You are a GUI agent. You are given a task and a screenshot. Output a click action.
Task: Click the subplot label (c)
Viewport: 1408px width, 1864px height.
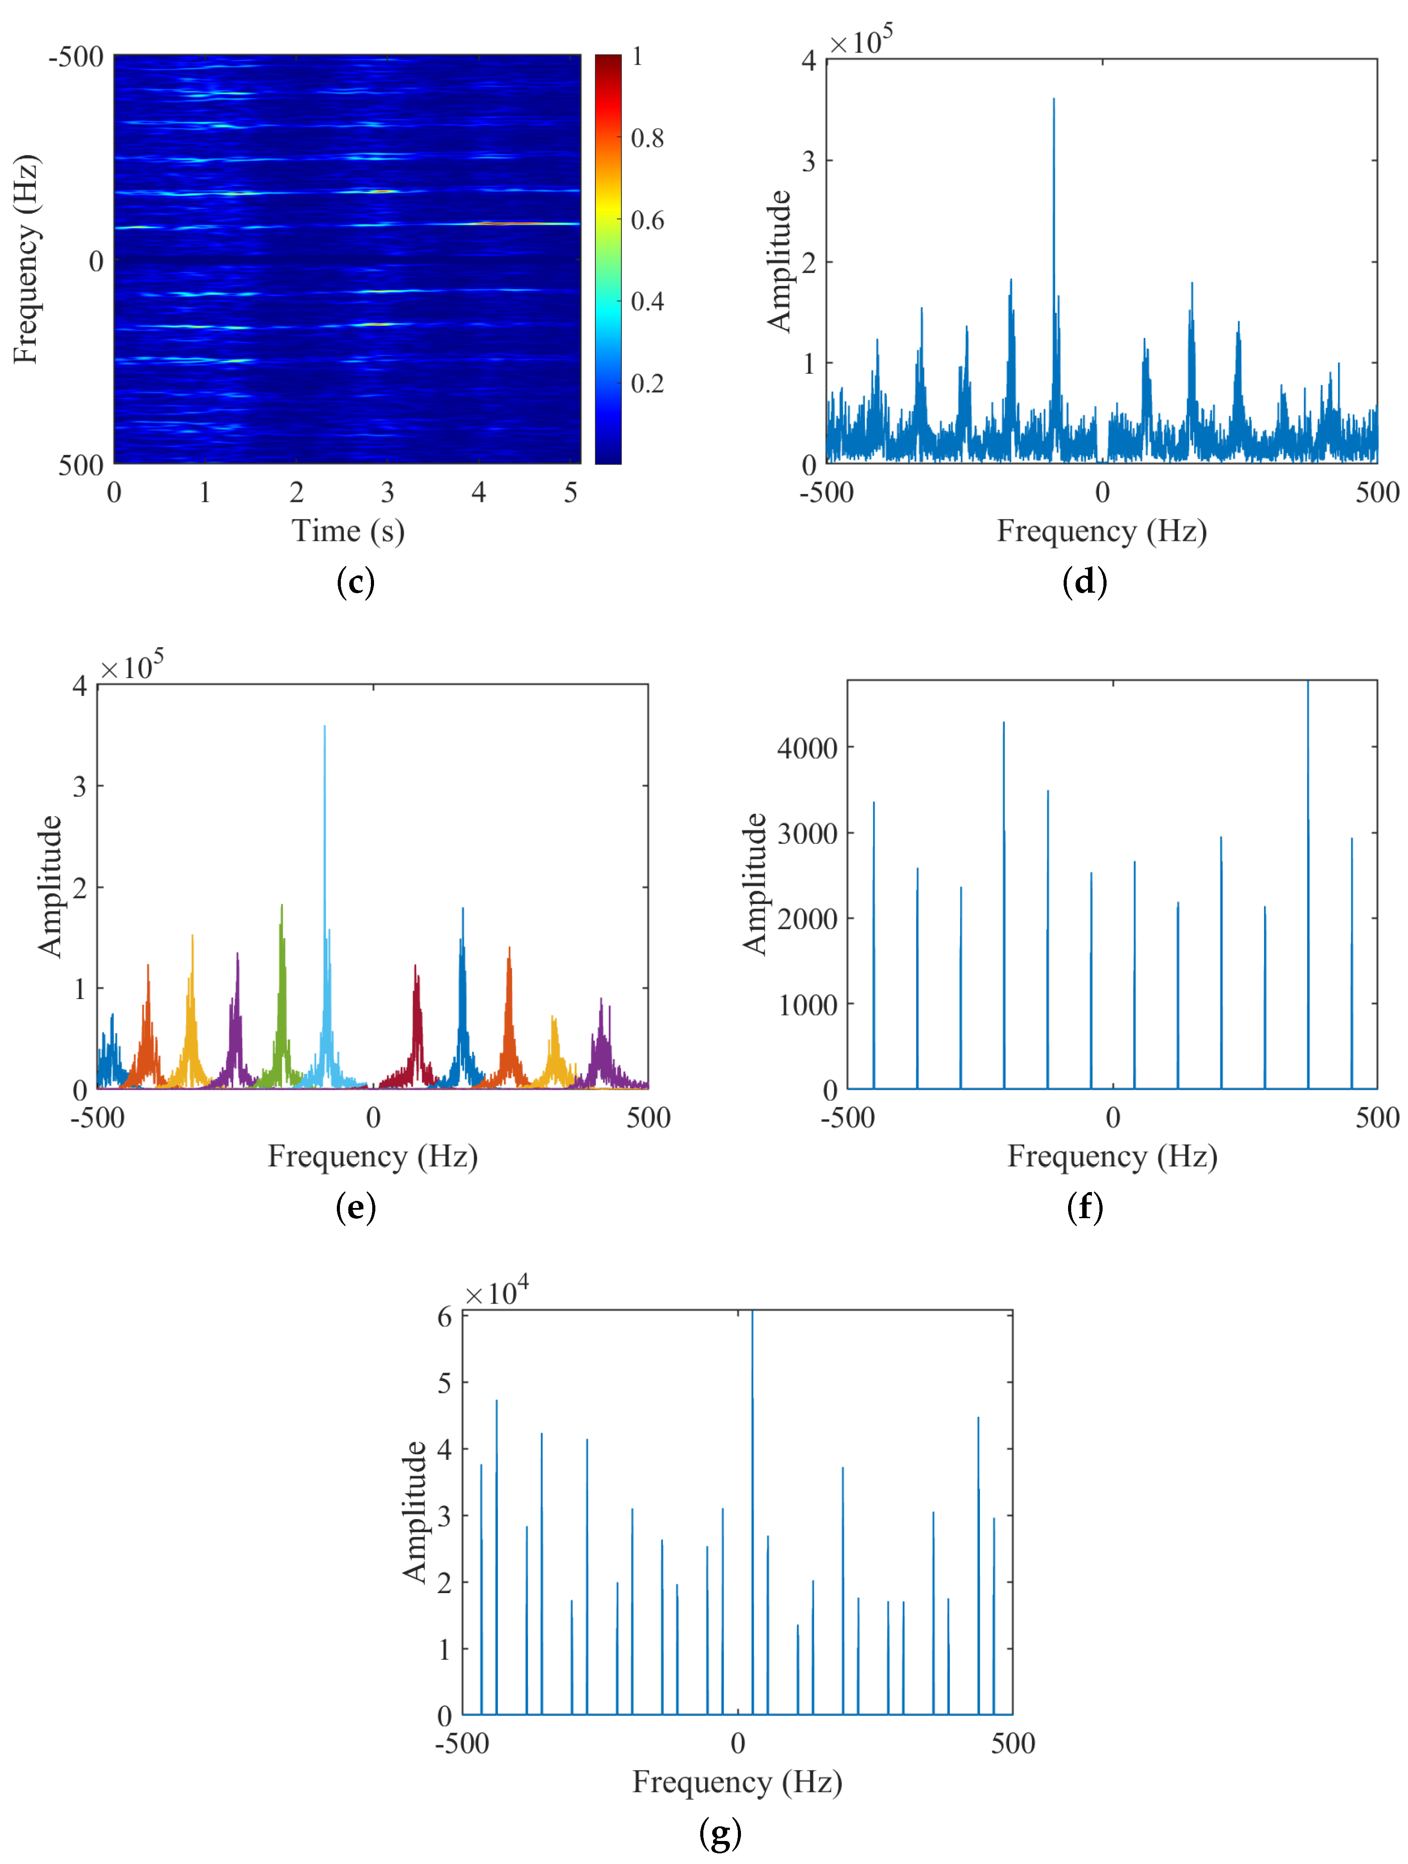click(x=355, y=582)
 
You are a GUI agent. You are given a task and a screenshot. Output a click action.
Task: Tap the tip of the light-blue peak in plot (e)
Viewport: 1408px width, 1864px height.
click(x=324, y=726)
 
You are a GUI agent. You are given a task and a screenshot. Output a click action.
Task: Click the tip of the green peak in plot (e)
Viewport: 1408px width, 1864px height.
click(x=282, y=906)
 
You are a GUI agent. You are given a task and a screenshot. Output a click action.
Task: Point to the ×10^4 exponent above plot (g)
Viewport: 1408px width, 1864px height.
click(x=497, y=1293)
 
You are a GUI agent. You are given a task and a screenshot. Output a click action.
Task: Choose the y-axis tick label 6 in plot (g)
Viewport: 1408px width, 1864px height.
click(x=444, y=1317)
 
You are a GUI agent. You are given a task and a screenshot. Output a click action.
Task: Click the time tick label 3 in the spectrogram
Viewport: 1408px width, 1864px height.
click(x=387, y=493)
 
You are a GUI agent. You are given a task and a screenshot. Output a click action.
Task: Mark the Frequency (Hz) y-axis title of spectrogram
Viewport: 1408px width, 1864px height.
click(x=25, y=259)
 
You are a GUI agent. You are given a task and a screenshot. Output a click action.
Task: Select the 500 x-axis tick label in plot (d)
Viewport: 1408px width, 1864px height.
click(x=1376, y=493)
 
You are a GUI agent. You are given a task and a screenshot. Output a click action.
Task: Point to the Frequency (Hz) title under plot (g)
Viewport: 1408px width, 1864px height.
click(x=737, y=1782)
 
